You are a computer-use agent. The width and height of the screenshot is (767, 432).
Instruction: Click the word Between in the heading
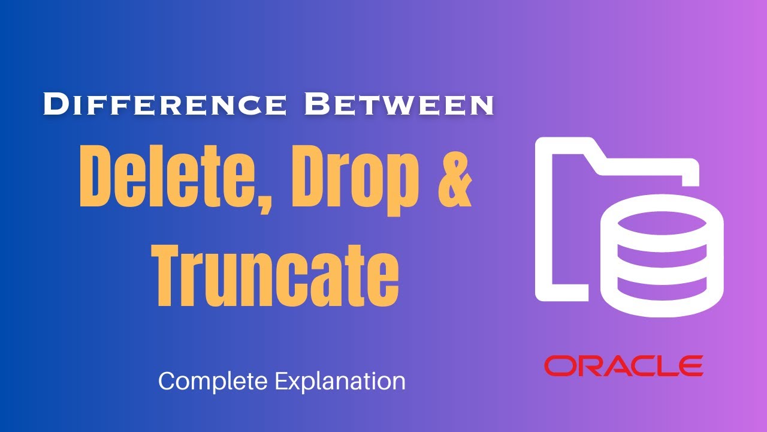click(399, 104)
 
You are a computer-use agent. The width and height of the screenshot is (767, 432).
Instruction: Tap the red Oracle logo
click(623, 365)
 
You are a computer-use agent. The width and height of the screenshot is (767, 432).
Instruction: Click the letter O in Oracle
click(558, 365)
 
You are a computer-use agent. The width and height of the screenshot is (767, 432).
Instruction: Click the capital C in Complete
click(166, 381)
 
